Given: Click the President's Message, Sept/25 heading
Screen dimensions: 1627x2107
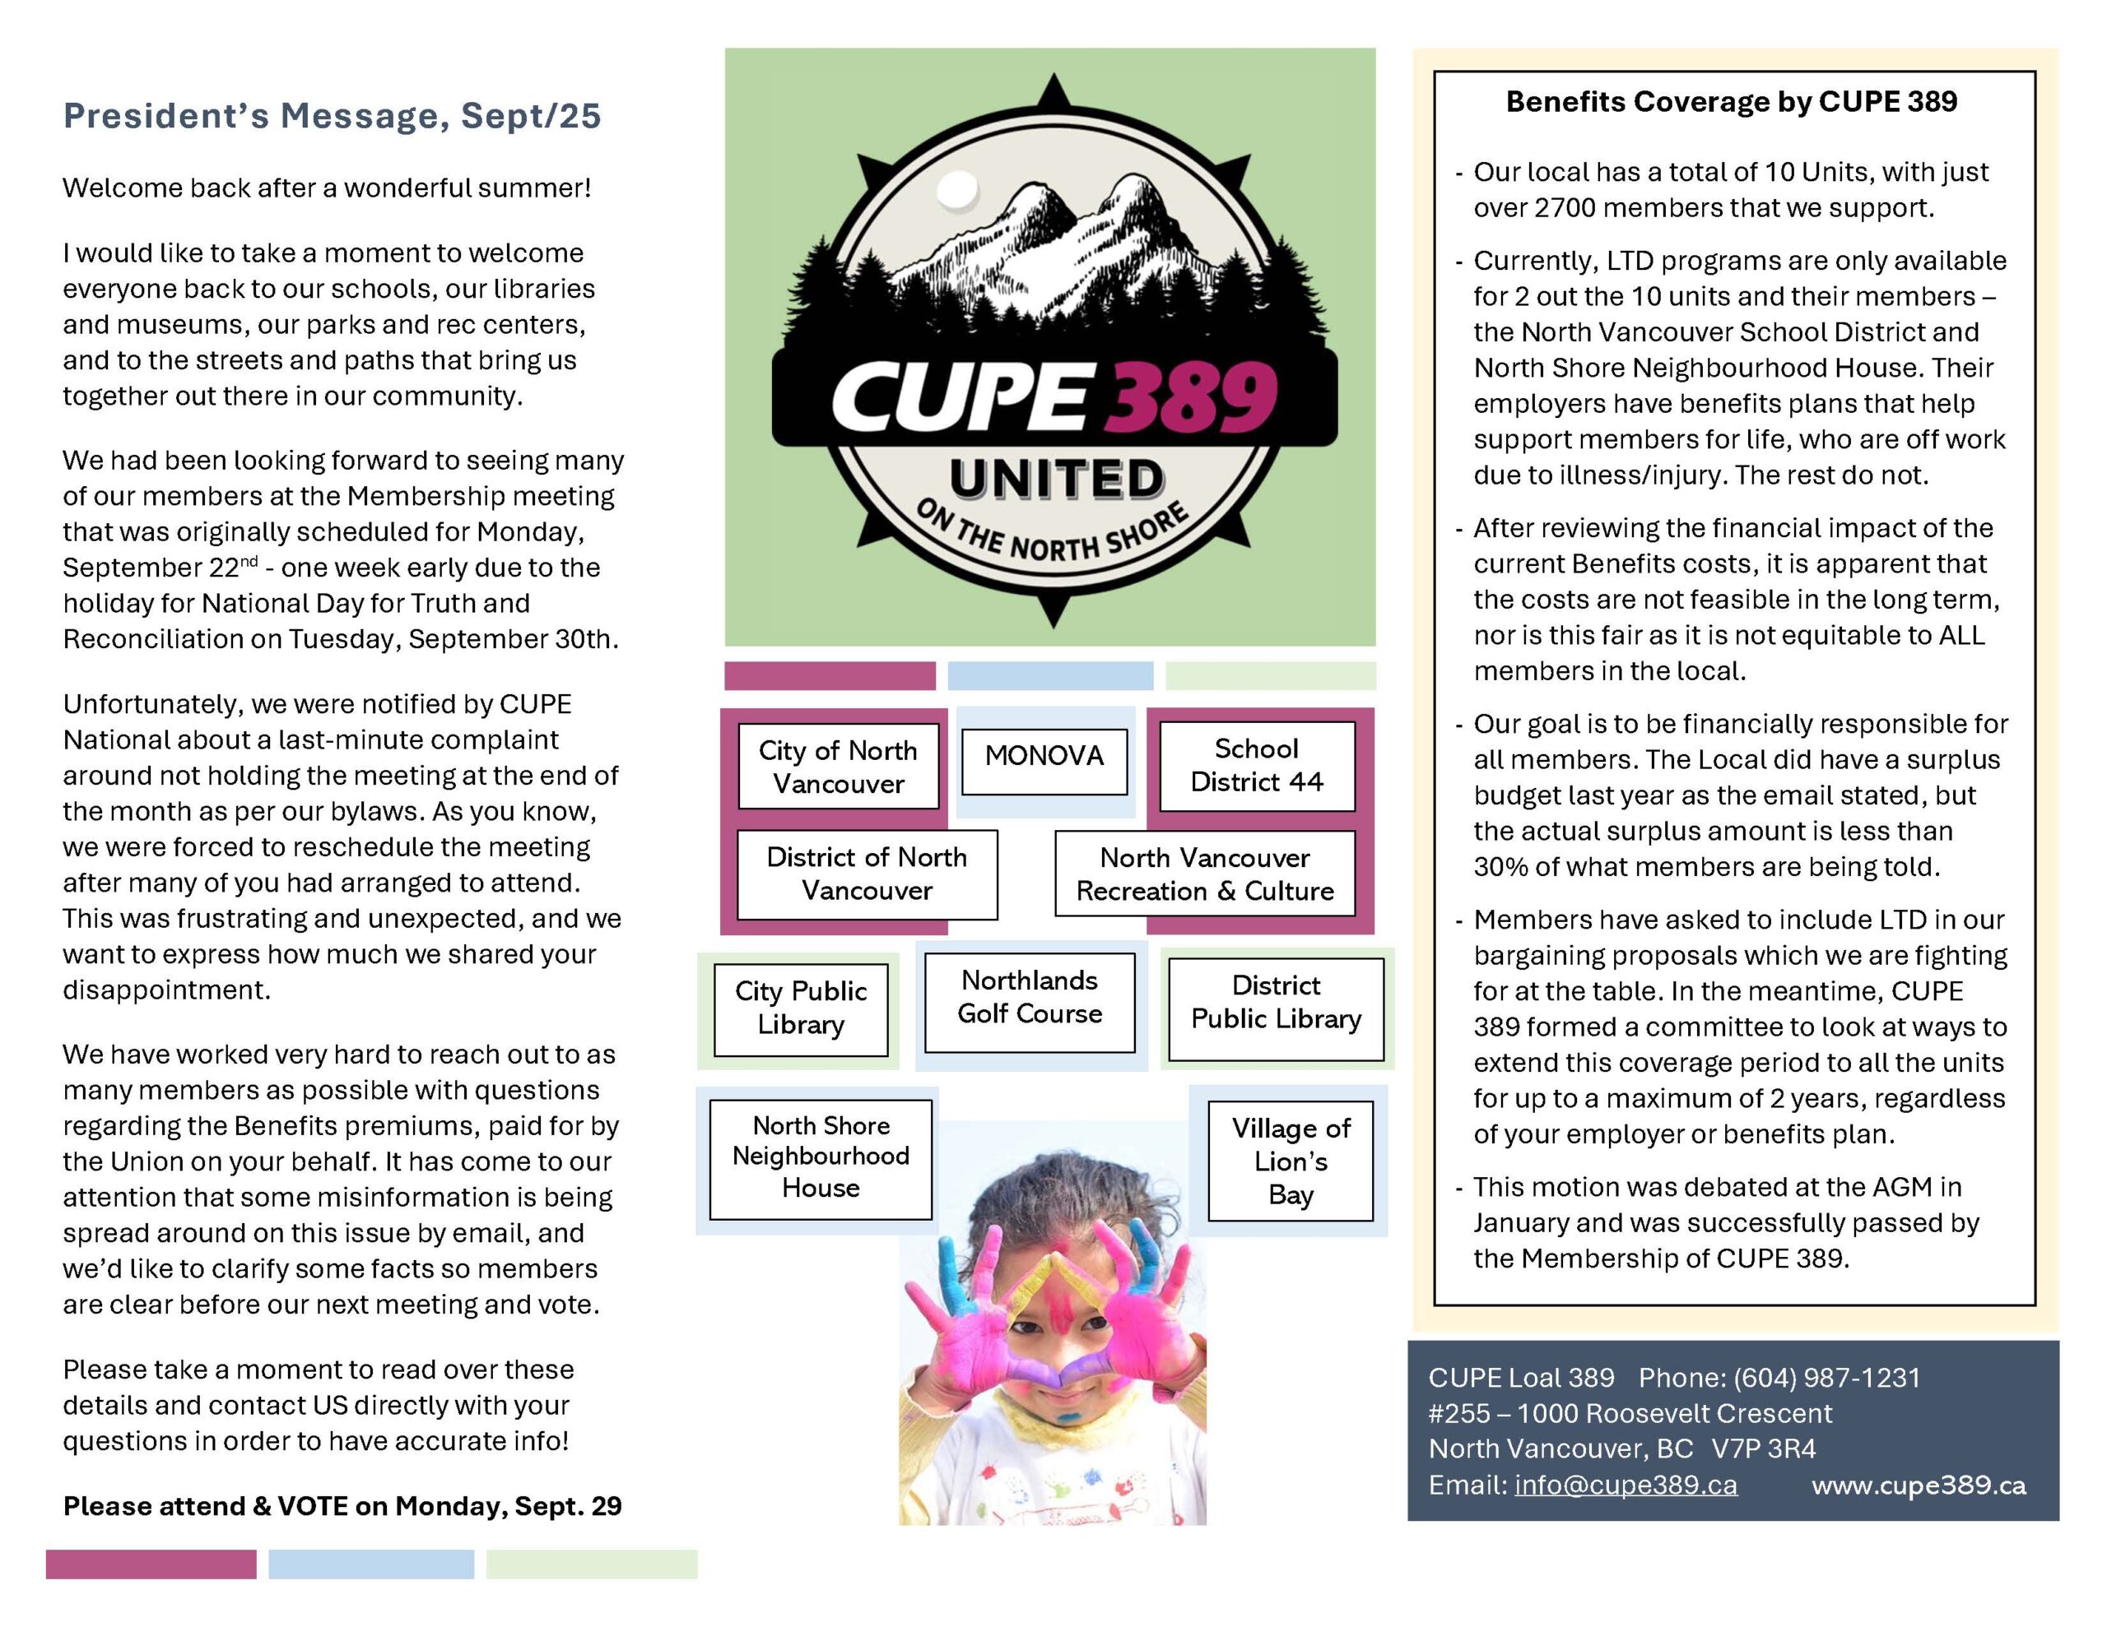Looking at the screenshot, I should (x=332, y=116).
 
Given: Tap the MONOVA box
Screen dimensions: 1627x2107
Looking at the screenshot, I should (x=1044, y=755).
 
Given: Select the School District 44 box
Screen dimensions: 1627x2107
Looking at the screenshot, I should (x=1256, y=766).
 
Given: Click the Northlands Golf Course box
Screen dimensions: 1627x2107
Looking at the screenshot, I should (x=1030, y=997).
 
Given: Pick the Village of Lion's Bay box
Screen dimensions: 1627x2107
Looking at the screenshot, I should (x=1290, y=1161).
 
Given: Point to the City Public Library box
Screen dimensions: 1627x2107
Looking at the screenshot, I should (x=801, y=1008).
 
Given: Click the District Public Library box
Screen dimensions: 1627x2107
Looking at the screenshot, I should (x=1276, y=1002).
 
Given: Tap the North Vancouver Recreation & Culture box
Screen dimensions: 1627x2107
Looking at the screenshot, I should (x=1204, y=874).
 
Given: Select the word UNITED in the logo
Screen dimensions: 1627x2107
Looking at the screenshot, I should (x=1057, y=480).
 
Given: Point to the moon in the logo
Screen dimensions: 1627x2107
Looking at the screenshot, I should (x=958, y=190).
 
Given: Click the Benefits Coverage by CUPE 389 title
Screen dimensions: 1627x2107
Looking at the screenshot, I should (x=1732, y=102).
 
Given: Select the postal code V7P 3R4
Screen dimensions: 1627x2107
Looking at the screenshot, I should (x=1764, y=1449).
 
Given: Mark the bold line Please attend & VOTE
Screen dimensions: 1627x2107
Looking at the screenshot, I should (x=342, y=1505).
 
